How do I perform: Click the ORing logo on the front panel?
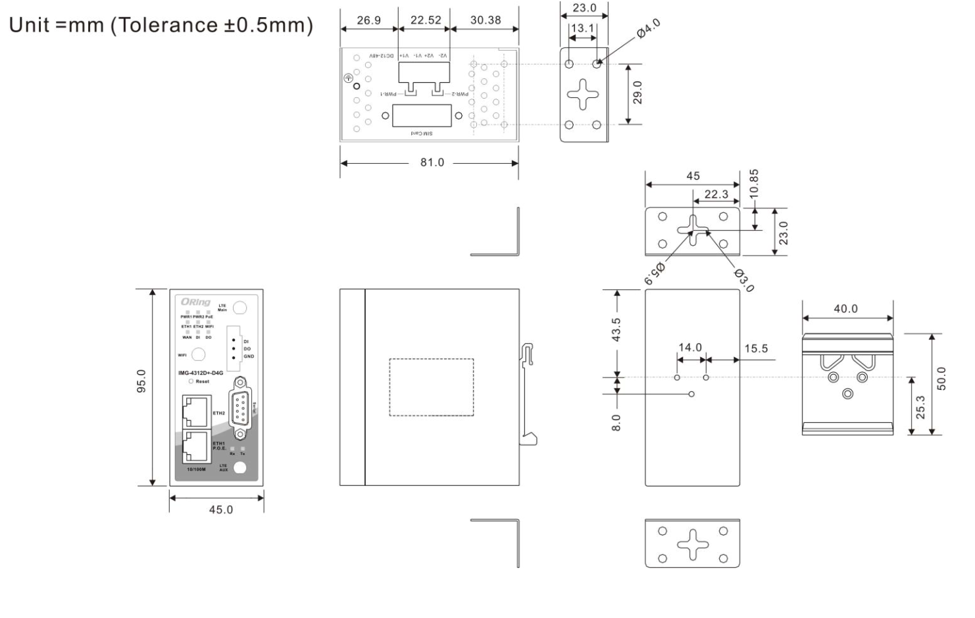tap(195, 302)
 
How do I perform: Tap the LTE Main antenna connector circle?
tap(241, 308)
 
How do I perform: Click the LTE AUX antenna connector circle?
tap(241, 467)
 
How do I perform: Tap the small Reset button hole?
tap(191, 381)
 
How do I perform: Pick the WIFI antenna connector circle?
tap(198, 355)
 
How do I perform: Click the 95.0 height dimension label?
tap(141, 381)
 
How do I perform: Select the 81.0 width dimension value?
tap(432, 162)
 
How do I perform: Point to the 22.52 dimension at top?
tap(426, 20)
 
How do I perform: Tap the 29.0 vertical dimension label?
tap(637, 93)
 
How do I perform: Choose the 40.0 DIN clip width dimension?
tap(845, 308)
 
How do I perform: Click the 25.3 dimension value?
tap(920, 407)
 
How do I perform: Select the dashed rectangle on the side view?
tap(431, 387)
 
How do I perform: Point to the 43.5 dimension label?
tap(616, 329)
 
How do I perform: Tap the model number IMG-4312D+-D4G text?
tap(201, 373)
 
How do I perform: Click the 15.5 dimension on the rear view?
tap(756, 348)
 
